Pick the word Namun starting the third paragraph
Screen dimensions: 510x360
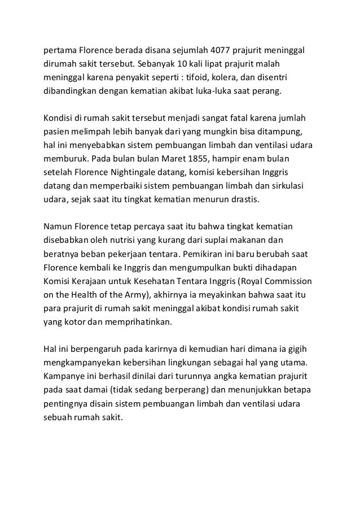58,226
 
